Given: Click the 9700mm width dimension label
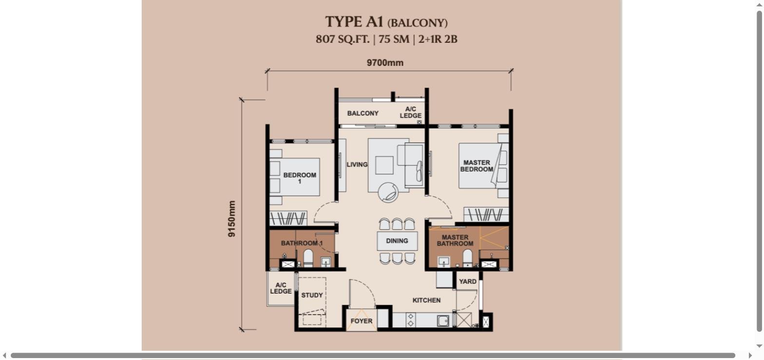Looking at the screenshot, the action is coord(385,63).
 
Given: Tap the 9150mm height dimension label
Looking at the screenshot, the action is coord(231,219).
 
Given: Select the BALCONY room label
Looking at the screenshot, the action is coord(363,113).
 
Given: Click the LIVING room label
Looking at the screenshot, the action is coord(357,164).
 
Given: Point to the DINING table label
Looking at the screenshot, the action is coord(397,241).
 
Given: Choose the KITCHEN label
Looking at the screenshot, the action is coord(426,300).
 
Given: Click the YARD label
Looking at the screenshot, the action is coord(468,281).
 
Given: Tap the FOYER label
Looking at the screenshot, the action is coord(362,321).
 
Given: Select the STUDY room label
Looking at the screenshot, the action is coord(312,295).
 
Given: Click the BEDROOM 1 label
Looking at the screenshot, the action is coord(300,178).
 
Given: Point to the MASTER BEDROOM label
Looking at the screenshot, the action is coord(477,166).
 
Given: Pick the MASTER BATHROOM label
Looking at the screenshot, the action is coord(455,240).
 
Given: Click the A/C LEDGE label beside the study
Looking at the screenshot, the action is coord(281,288).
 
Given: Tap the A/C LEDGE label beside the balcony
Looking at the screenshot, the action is coord(411,112).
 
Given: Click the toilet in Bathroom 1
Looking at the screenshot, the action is coord(308,258).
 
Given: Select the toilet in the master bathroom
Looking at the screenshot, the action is coord(467,258).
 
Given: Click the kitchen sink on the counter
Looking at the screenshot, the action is coord(443,321).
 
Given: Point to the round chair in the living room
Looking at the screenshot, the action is coord(388,192).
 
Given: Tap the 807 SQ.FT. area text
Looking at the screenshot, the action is coord(343,39).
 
